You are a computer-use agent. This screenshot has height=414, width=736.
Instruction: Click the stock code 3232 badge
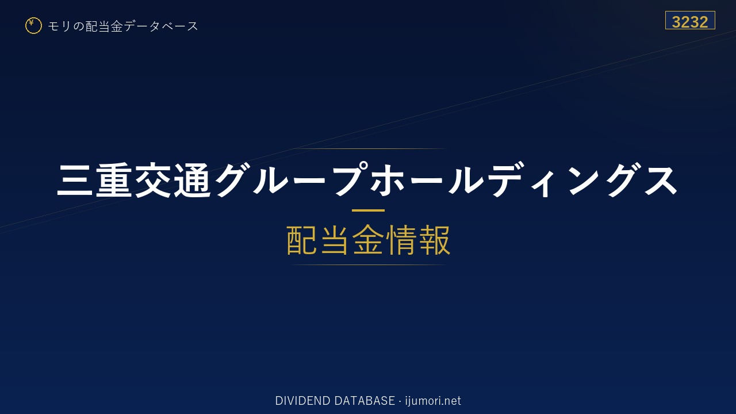click(x=690, y=20)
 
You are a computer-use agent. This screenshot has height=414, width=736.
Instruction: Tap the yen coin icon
click(x=33, y=26)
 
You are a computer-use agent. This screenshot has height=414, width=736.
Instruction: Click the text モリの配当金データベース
click(x=123, y=26)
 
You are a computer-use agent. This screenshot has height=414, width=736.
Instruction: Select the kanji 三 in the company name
click(x=75, y=180)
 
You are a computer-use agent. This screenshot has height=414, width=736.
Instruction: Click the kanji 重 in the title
click(x=114, y=180)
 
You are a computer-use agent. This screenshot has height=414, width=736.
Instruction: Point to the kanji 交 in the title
click(x=153, y=180)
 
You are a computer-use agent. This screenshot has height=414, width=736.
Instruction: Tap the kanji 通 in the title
click(x=192, y=180)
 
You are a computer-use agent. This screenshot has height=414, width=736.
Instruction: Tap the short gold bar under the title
click(x=368, y=210)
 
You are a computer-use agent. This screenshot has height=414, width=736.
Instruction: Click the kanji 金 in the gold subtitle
click(x=368, y=240)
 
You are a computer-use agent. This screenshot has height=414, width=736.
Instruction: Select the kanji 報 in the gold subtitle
click(x=434, y=240)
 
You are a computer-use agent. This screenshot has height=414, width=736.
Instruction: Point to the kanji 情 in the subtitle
click(x=401, y=240)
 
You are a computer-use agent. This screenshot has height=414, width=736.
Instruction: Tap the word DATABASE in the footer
click(x=365, y=401)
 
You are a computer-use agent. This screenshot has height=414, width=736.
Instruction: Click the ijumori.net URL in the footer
click(x=433, y=401)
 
